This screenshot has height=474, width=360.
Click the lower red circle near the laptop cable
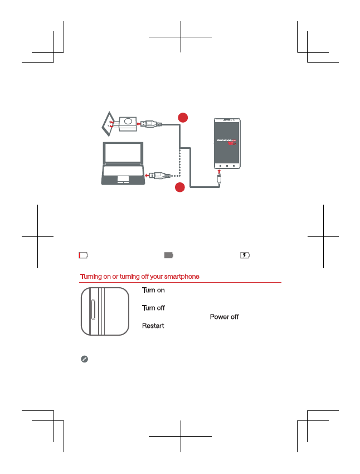click(x=180, y=188)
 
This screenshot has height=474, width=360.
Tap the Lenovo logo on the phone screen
click(x=227, y=141)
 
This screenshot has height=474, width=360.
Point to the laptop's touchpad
click(x=123, y=180)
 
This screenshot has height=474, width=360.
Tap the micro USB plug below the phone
click(x=221, y=181)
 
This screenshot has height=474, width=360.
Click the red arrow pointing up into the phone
click(x=220, y=172)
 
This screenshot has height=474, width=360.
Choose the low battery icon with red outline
click(x=83, y=255)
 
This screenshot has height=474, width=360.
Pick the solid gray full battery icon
click(x=169, y=255)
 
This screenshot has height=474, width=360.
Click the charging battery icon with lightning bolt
click(x=245, y=255)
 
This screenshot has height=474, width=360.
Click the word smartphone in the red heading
click(x=181, y=277)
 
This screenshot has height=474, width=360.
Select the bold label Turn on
click(x=153, y=291)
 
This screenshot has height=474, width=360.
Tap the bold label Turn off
click(x=153, y=308)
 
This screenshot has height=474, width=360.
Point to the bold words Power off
click(x=224, y=317)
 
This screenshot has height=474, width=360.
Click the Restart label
click(x=153, y=325)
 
